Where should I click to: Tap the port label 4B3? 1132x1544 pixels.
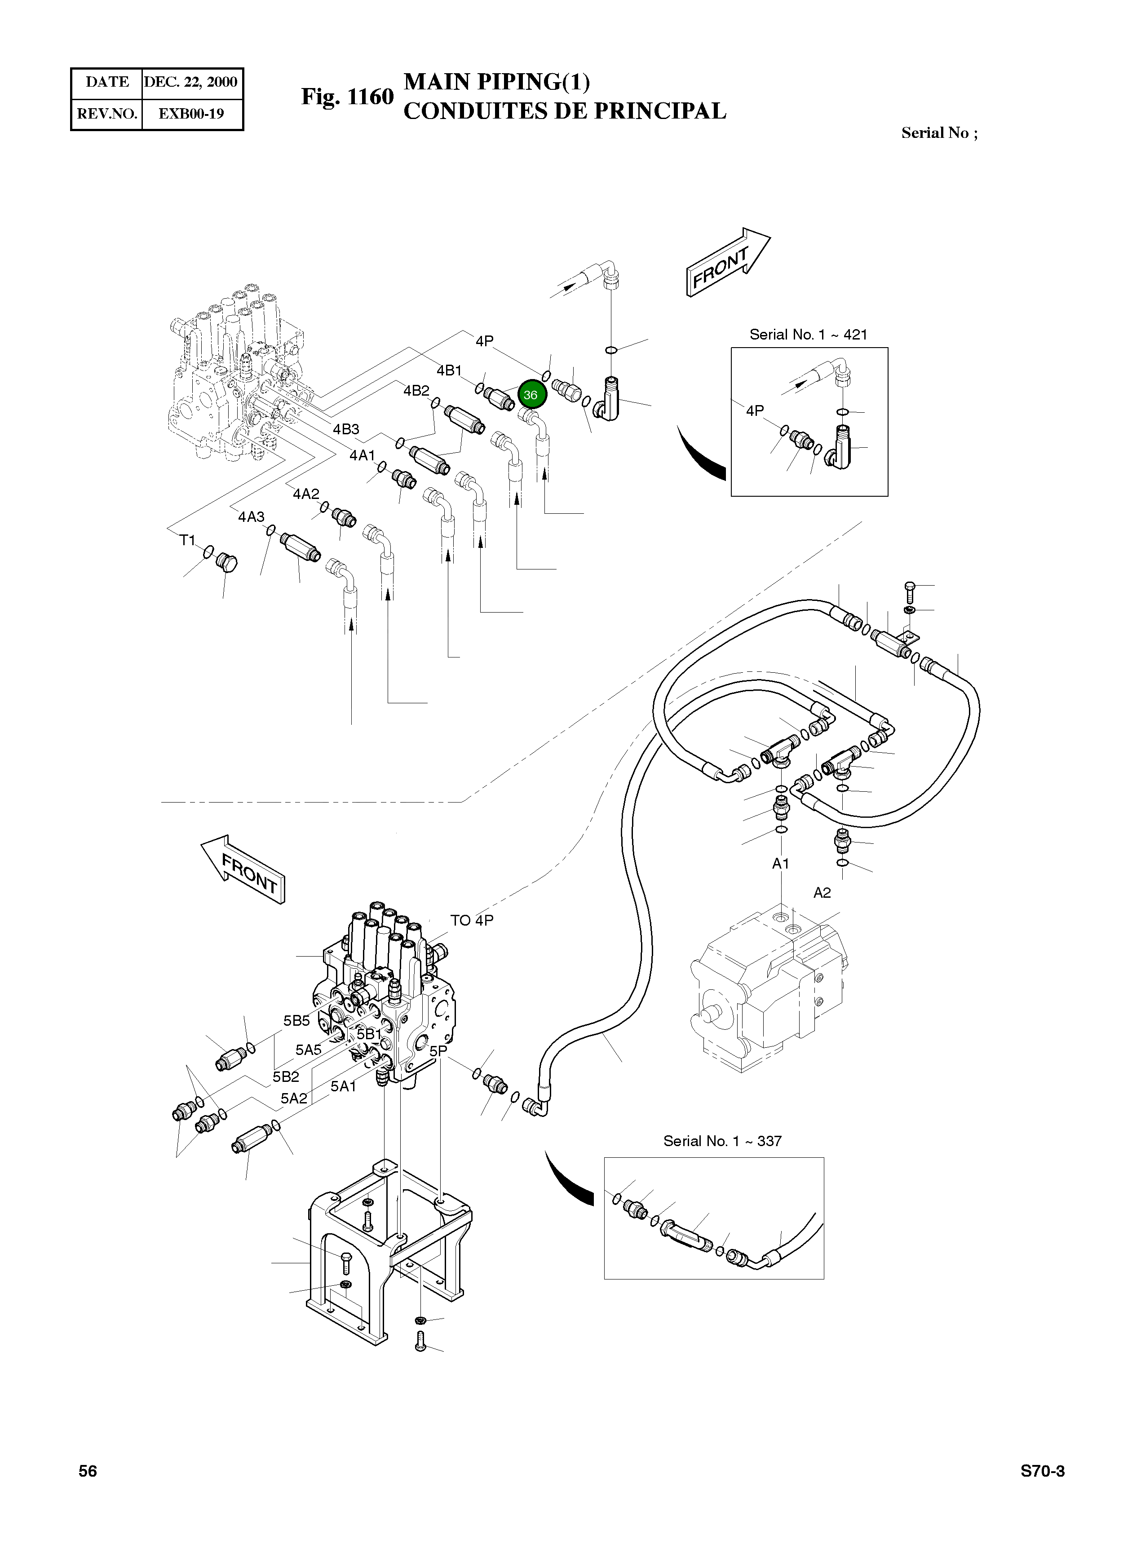(x=346, y=429)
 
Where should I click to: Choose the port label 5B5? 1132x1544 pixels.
(x=297, y=1021)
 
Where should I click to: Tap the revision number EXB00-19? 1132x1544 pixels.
(x=191, y=114)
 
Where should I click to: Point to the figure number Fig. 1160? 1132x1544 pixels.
(x=347, y=97)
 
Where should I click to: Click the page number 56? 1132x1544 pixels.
(x=88, y=1471)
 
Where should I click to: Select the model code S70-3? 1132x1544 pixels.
(x=1042, y=1471)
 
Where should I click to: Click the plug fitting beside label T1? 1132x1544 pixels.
(x=226, y=564)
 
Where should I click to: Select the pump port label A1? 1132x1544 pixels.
(x=781, y=864)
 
